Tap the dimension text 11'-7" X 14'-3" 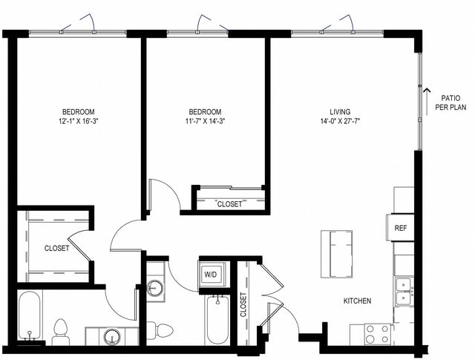(x=205, y=120)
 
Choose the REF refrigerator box (x=400, y=227)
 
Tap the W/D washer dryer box (x=211, y=274)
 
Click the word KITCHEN (x=356, y=301)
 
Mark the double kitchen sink (x=404, y=290)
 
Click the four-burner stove (x=377, y=333)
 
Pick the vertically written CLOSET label (x=243, y=305)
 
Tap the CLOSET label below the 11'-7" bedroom (x=229, y=204)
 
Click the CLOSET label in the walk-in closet (x=56, y=249)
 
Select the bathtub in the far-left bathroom (x=30, y=315)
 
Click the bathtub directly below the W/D (x=217, y=318)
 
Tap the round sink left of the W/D (x=156, y=288)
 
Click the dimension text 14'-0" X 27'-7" (x=340, y=120)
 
